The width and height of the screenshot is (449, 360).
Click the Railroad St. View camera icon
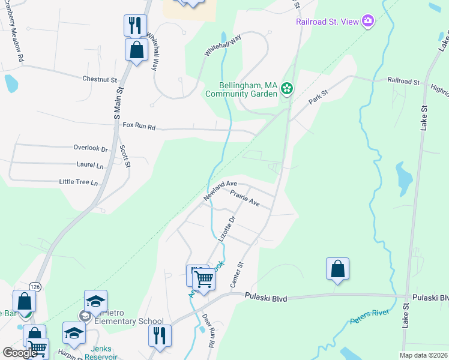pyautogui.click(x=368, y=22)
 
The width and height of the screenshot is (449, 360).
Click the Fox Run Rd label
pyautogui.click(x=139, y=127)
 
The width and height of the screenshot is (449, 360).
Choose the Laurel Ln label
pyautogui.click(x=90, y=164)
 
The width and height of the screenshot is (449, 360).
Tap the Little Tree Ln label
pyautogui.click(x=78, y=182)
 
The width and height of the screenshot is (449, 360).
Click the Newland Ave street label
pyautogui.click(x=220, y=191)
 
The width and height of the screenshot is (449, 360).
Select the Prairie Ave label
pyautogui.click(x=245, y=199)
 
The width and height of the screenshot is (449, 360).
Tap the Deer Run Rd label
pyautogui.click(x=208, y=331)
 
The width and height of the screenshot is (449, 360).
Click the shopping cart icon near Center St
pyautogui.click(x=204, y=280)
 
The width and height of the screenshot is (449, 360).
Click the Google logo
pyautogui.click(x=20, y=353)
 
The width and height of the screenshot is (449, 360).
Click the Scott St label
pyautogui.click(x=125, y=156)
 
